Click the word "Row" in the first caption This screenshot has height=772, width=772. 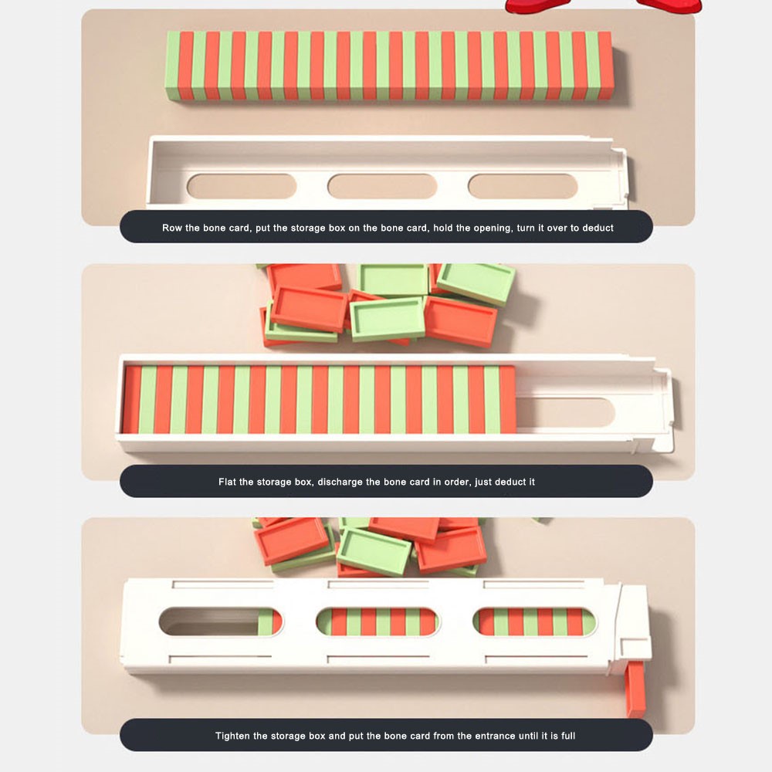click(172, 228)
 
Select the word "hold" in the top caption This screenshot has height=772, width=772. click(443, 228)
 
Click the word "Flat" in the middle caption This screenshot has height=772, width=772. click(227, 482)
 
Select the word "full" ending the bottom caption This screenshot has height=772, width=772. click(568, 736)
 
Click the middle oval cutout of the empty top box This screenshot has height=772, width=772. click(382, 186)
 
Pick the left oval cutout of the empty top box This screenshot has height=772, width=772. click(242, 186)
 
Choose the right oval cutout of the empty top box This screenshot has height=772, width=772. click(523, 186)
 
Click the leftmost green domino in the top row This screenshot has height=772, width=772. click(173, 66)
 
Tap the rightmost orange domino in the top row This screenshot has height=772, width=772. click(605, 66)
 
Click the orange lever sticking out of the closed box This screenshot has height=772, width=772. click(635, 689)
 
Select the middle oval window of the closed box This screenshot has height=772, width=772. click(378, 621)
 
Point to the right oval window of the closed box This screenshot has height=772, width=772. click(534, 621)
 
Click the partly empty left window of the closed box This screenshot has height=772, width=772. click(221, 621)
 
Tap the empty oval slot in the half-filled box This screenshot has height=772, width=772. click(565, 412)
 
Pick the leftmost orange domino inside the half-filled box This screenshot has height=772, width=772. click(132, 399)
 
